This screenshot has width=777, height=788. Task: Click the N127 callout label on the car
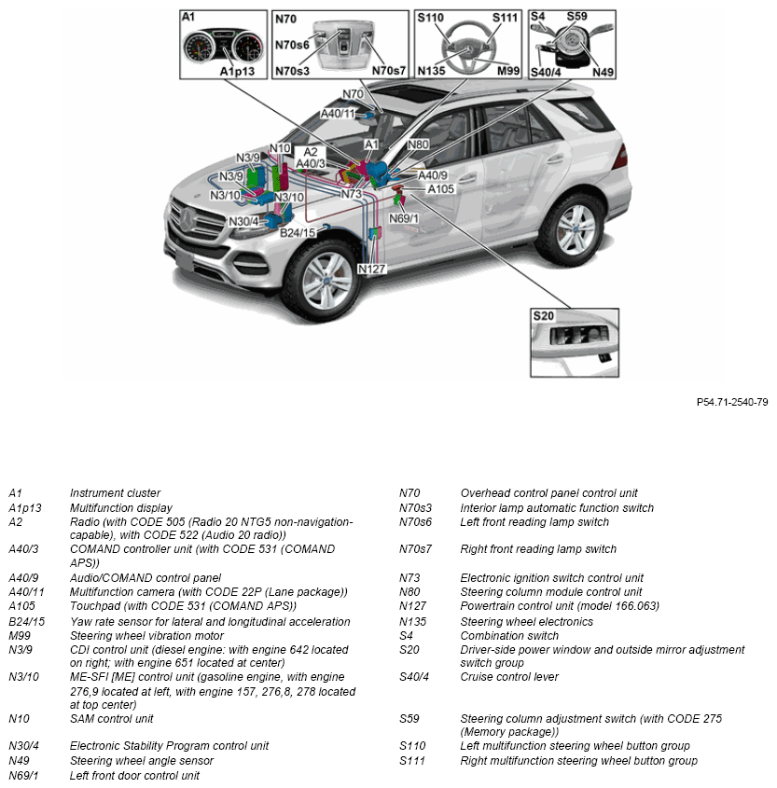371,269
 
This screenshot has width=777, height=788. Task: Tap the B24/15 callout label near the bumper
298,231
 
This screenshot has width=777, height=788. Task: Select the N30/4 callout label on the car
243,221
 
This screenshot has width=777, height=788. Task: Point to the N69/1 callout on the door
404,218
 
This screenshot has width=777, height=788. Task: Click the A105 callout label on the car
440,189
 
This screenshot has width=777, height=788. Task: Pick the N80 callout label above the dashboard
418,145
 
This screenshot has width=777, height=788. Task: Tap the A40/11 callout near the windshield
339,114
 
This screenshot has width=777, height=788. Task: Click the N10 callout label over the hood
280,148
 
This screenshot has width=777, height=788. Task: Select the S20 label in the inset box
544,316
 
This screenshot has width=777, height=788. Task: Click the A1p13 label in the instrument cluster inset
237,71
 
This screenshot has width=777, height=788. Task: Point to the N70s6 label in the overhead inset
293,45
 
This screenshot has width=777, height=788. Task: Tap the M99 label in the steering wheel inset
508,71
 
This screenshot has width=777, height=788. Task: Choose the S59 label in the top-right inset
577,17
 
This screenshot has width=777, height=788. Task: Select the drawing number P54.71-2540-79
731,402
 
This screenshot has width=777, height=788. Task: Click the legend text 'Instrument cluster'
115,493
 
